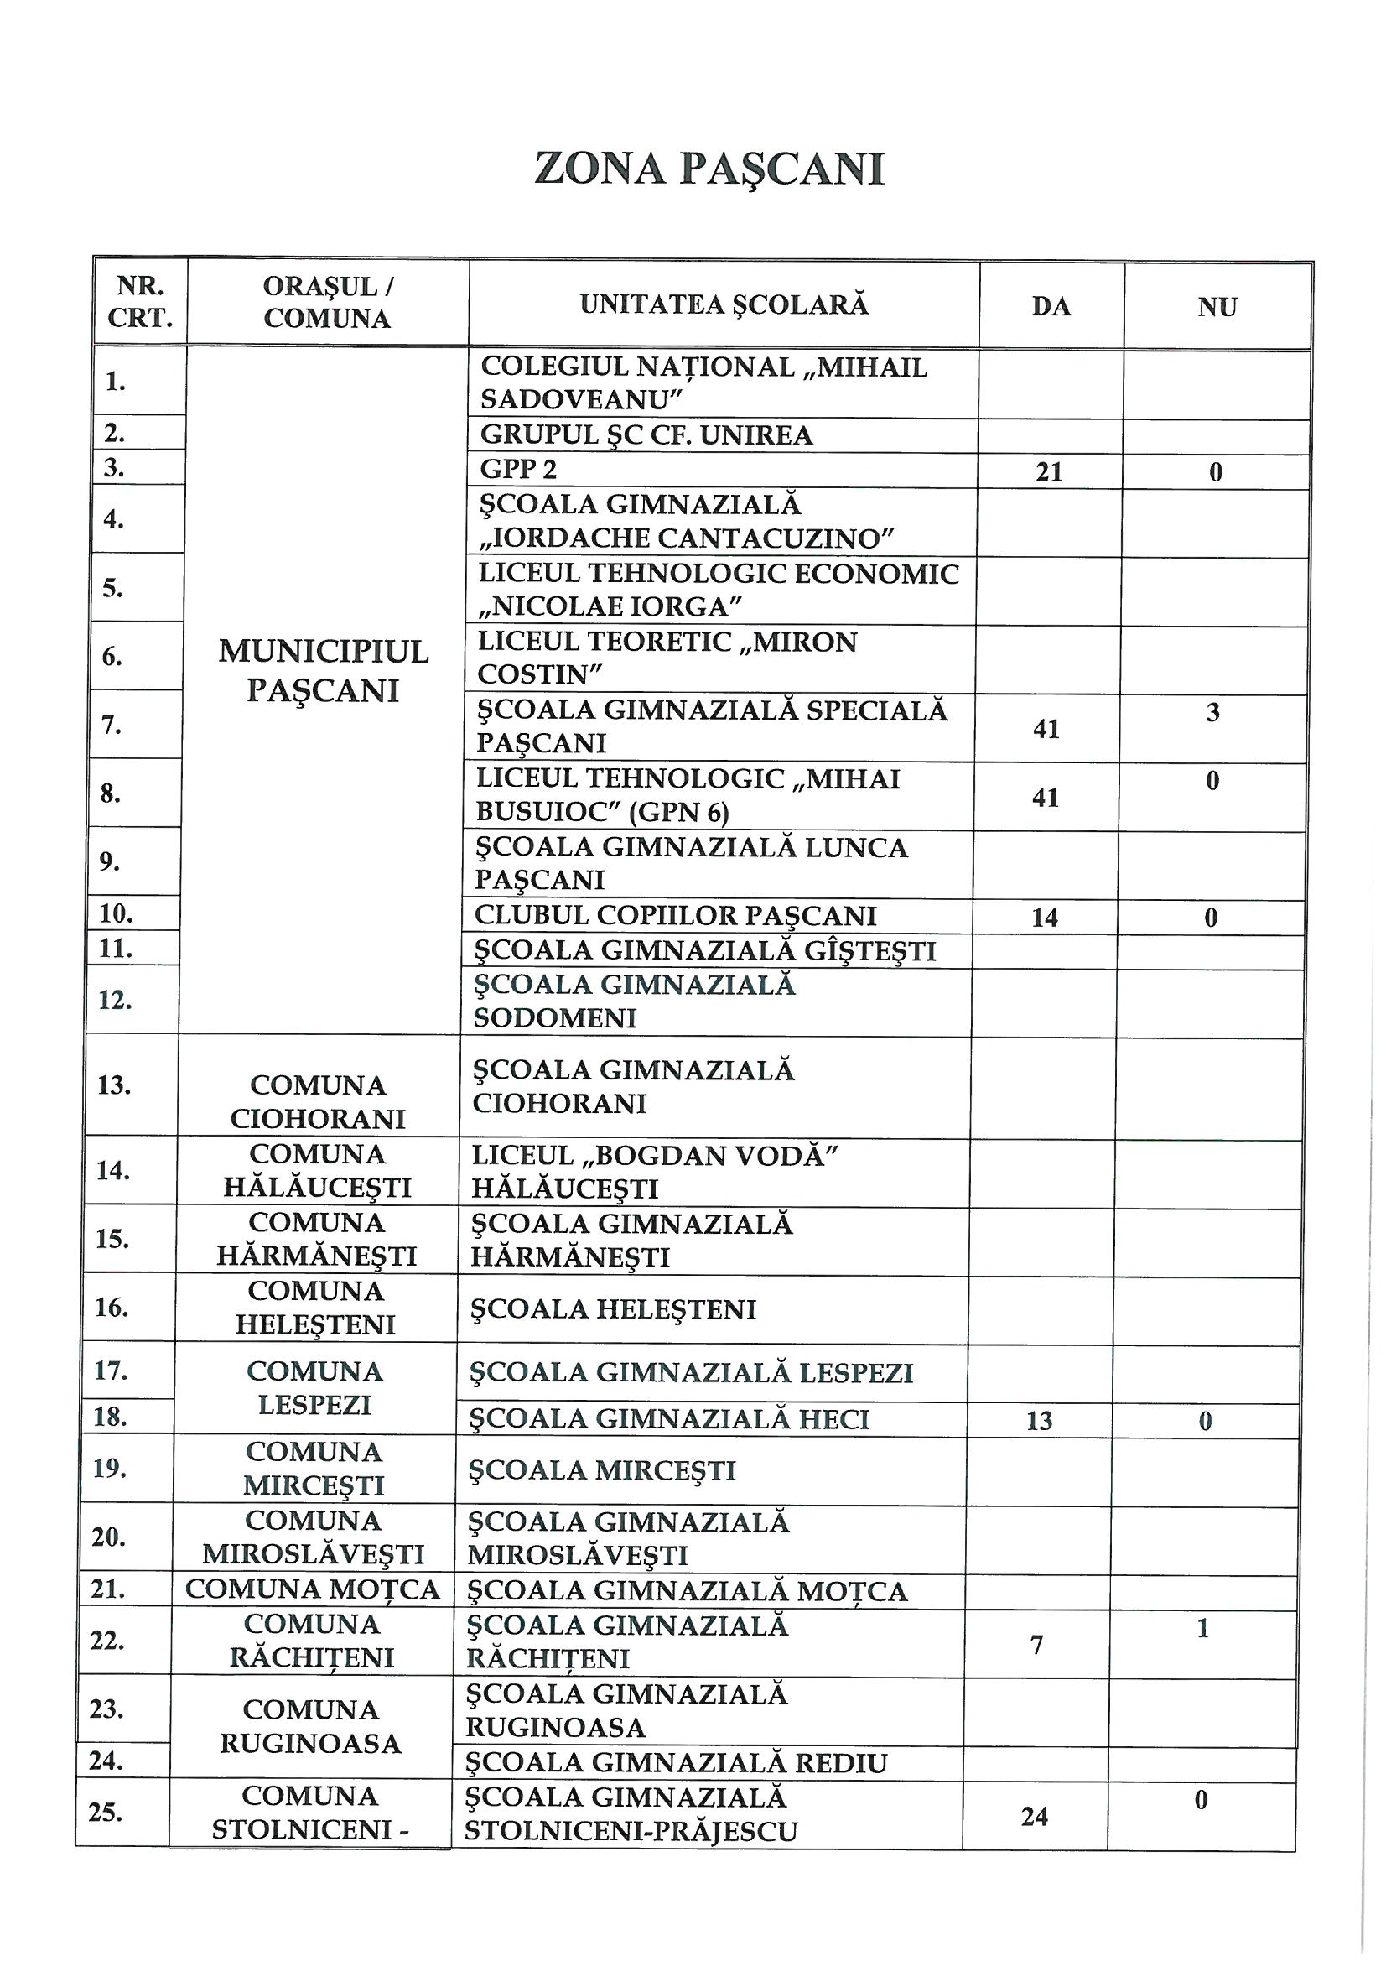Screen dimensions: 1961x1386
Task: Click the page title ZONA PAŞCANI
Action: coord(709,169)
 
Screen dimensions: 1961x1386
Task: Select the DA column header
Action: coord(1051,307)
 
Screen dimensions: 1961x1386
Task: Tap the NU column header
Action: coord(1217,307)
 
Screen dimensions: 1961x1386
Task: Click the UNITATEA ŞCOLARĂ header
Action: coord(724,305)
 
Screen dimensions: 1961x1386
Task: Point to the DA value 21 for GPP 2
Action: coord(1049,472)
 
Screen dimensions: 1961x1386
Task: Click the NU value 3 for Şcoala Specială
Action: coord(1212,712)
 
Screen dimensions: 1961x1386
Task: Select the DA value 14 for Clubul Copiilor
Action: coord(1045,918)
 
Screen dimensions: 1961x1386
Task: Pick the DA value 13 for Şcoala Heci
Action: coord(1039,1421)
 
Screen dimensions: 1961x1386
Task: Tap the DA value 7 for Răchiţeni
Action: coord(1036,1644)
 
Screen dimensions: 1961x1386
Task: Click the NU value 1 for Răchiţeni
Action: coord(1202,1629)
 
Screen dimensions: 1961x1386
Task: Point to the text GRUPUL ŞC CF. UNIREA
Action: coord(646,435)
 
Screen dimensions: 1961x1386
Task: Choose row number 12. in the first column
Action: coord(115,999)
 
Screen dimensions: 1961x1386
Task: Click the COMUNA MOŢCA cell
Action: coord(313,1589)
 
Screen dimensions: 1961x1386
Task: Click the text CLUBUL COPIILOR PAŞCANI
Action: coord(676,916)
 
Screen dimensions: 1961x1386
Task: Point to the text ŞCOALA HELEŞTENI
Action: coord(613,1309)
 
